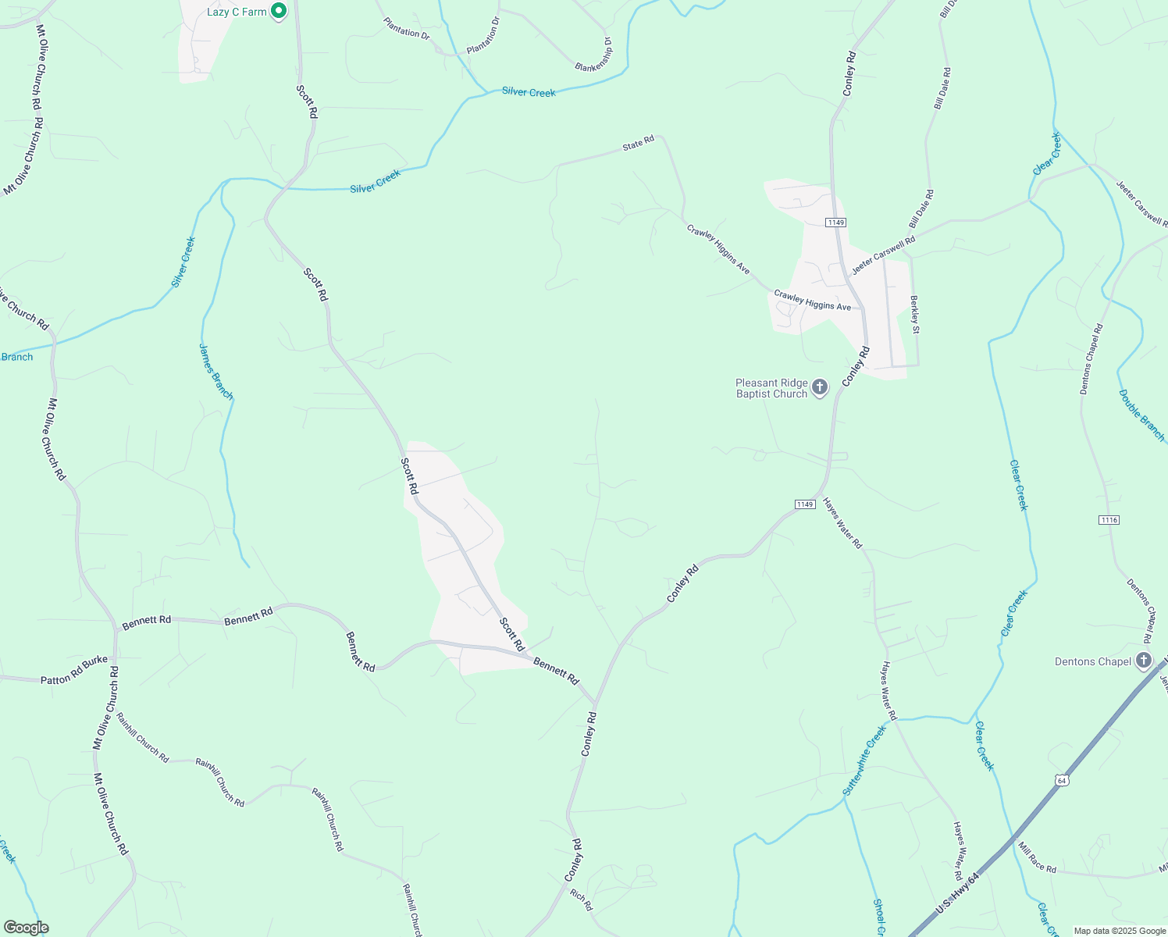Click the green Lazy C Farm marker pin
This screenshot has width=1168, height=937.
tap(279, 11)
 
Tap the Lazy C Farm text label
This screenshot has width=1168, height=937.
tap(237, 12)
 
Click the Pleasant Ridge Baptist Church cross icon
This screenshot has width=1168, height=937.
tap(820, 387)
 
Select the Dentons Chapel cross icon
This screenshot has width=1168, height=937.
tap(1144, 661)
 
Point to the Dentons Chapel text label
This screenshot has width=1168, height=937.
tap(1093, 661)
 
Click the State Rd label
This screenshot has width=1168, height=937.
tap(638, 144)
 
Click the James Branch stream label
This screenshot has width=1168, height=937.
tap(215, 372)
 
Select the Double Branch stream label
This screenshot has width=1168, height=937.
tap(1141, 415)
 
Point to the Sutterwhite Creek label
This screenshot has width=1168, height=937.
tap(864, 761)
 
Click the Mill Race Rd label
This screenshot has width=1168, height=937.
tap(1037, 862)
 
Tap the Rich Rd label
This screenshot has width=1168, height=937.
tap(582, 900)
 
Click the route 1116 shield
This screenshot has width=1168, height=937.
tap(1109, 520)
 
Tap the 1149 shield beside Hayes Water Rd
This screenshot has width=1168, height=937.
tap(806, 504)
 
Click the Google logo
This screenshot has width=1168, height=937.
tap(26, 928)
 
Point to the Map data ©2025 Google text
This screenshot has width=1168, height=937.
tap(1119, 931)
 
